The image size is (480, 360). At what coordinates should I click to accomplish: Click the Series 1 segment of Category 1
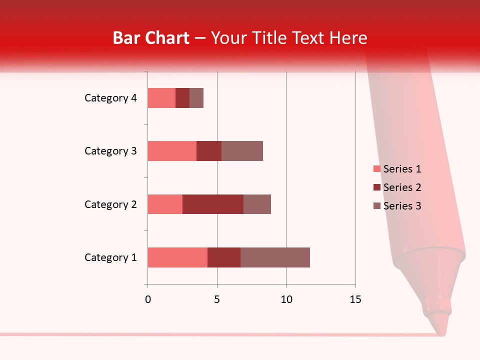coord(177,257)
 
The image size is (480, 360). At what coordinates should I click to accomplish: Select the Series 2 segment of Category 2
coord(213,204)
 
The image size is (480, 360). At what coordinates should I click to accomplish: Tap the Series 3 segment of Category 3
coord(242,151)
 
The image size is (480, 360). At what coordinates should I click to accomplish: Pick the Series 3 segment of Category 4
coord(196,98)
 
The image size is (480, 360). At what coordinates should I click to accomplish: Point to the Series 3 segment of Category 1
coord(275,257)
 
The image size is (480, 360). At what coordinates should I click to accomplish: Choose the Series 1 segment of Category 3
coord(172,151)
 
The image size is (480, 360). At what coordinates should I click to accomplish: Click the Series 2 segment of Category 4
coord(182,98)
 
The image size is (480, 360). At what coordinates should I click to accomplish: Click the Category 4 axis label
coord(110,98)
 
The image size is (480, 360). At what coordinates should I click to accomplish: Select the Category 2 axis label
coord(110,204)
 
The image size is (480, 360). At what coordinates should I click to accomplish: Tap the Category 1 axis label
coord(110,257)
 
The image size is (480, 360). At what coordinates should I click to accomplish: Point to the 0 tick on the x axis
coord(148,299)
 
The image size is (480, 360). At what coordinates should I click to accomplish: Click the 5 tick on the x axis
coord(217,299)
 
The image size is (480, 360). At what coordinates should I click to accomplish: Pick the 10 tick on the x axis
coord(286,299)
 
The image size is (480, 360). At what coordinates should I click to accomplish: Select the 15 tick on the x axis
coord(355,299)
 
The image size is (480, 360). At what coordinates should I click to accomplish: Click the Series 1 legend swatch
coord(376,169)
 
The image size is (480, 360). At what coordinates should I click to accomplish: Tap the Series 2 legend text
coord(402,187)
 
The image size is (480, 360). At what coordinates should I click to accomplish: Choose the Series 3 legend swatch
coord(376,206)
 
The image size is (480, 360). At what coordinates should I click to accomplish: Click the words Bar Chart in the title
coord(151,38)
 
